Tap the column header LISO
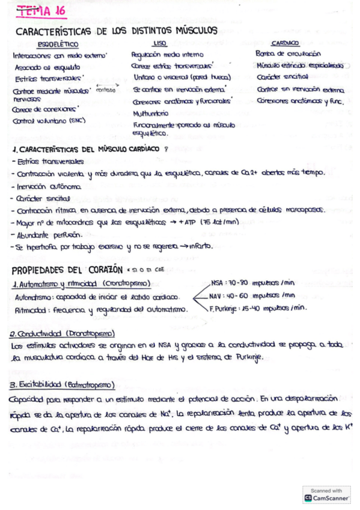(159, 43)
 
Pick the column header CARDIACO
(285, 43)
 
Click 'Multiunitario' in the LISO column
(151, 112)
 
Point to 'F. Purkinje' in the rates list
(224, 308)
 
